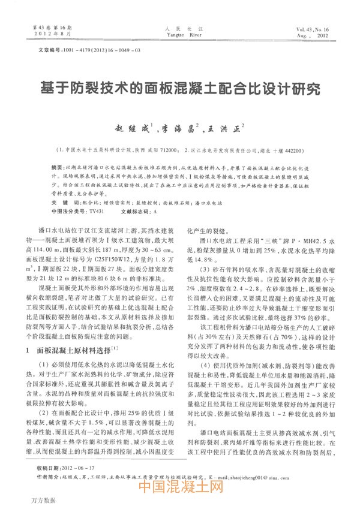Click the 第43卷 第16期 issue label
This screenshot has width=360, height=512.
(x=51, y=28)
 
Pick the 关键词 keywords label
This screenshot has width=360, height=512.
(x=60, y=203)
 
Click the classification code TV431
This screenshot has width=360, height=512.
(x=96, y=212)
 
